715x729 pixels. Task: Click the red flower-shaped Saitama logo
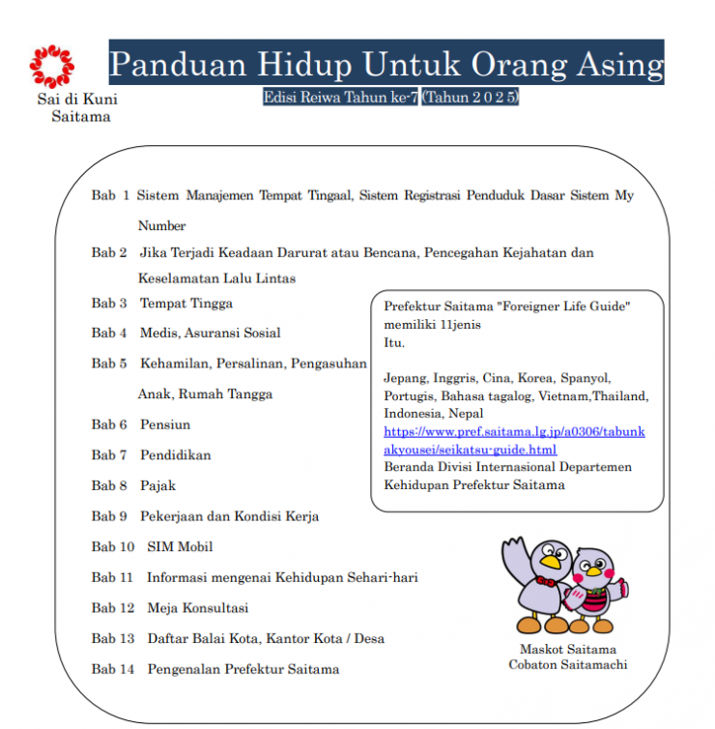click(x=51, y=65)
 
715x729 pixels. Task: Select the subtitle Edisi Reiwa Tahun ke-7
click(x=340, y=98)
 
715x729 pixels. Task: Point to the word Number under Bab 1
click(x=161, y=225)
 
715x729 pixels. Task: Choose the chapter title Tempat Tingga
click(x=186, y=303)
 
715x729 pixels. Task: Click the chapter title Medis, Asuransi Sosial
click(x=211, y=333)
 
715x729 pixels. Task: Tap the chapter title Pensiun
click(x=165, y=424)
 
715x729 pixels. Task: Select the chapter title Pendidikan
click(x=175, y=454)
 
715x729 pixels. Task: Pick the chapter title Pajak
click(x=158, y=485)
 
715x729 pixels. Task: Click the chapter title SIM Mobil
click(x=180, y=546)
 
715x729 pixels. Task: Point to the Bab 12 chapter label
click(x=113, y=608)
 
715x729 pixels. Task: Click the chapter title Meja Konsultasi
click(x=197, y=608)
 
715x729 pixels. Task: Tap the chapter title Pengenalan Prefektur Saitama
click(x=243, y=669)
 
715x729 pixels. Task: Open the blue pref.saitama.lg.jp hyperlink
click(x=514, y=441)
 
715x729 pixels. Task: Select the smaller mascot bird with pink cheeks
click(x=597, y=590)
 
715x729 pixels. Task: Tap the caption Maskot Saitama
click(x=567, y=649)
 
